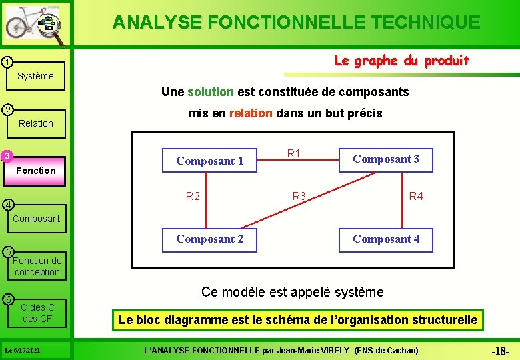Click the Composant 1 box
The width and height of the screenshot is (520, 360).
pos(209,161)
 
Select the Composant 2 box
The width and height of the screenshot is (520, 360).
pos(209,239)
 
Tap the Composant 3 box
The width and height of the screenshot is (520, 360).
pos(386,159)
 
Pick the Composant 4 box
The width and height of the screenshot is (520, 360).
pos(386,239)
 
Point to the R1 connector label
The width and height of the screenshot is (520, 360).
pos(294,154)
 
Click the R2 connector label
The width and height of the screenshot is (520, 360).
pos(193,197)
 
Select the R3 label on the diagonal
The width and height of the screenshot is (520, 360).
pos(299,197)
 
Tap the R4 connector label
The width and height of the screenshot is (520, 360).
pos(416,197)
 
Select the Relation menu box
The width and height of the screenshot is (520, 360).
pos(36,123)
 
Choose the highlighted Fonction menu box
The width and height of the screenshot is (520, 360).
pos(36,171)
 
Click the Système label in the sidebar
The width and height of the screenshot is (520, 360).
pos(35,76)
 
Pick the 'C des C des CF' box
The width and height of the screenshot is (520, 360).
pos(37,313)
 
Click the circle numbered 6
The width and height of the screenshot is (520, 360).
pos(6,298)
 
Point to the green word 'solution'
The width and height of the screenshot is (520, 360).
pos(211,91)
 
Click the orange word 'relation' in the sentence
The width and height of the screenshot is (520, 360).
pos(251,113)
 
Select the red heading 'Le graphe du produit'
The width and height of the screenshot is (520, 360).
pos(401,61)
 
